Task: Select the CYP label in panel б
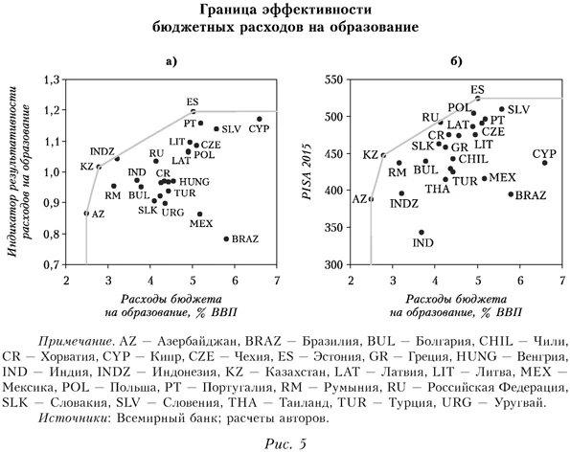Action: click(x=544, y=153)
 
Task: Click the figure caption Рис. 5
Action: click(x=285, y=441)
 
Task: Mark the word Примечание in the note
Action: click(x=79, y=341)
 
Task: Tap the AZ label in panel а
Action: click(x=98, y=214)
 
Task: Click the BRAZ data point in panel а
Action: click(x=226, y=238)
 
